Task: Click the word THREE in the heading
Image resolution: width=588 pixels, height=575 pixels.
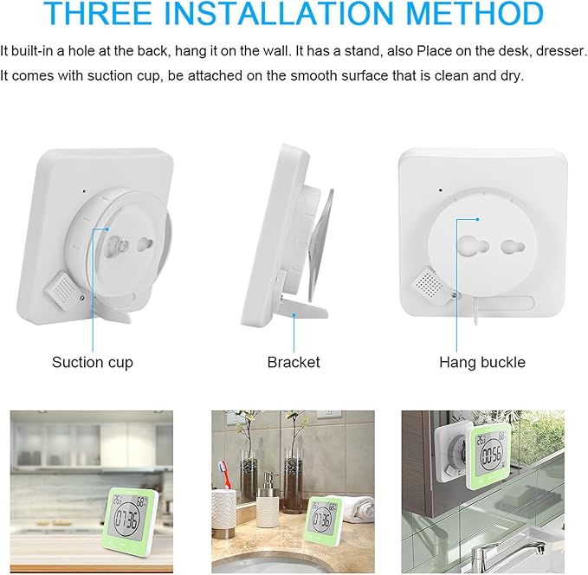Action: click(98, 13)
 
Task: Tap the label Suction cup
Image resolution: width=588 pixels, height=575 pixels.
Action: click(93, 362)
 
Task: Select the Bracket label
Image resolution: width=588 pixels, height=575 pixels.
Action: click(294, 362)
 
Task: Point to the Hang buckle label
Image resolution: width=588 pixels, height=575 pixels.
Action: click(482, 362)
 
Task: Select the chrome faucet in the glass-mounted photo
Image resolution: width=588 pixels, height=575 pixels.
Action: click(507, 552)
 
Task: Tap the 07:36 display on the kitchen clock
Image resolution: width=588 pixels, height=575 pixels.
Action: click(127, 520)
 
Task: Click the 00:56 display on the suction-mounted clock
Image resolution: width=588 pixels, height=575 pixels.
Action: click(491, 456)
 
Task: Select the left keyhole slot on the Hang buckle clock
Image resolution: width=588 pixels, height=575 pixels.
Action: click(473, 246)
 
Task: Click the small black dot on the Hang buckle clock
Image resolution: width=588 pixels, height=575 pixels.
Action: click(440, 191)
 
